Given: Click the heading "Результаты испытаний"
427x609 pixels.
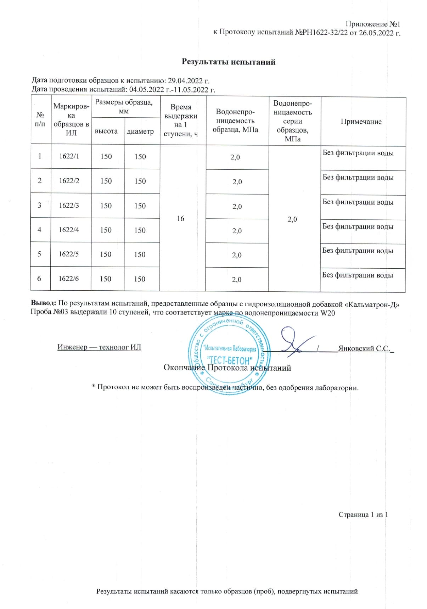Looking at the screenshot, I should pos(229,62).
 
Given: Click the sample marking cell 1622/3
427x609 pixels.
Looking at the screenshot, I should pos(69,205).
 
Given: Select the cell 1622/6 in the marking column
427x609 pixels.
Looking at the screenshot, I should pos(69,279).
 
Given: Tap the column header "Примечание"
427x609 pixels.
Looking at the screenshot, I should pos(361,122).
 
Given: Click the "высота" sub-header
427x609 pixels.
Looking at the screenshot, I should pos(106,131).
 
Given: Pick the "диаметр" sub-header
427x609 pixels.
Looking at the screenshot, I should pos(140,131).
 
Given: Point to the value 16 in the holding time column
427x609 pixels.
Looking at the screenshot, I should pos(181,218).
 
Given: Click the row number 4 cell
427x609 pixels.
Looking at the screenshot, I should pos(39,230).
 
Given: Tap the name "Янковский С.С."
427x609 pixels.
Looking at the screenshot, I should pos(364,348).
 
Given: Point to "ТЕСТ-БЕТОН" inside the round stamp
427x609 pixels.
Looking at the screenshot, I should pos(230,361).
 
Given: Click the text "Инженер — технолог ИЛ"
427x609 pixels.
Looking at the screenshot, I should pos(99,347).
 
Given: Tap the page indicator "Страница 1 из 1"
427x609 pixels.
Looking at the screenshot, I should pos(363,515).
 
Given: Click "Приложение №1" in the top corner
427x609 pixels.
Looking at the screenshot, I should pos(373,24).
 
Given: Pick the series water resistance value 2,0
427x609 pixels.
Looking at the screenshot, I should pos(292,219).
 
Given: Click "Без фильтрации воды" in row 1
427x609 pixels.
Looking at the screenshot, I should pos(358,153).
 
